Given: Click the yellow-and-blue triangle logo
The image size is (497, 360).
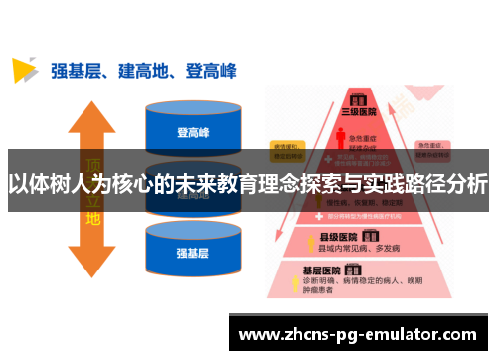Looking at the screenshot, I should click(25, 70).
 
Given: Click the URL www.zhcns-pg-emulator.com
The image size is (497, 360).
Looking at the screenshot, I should click(359, 334).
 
